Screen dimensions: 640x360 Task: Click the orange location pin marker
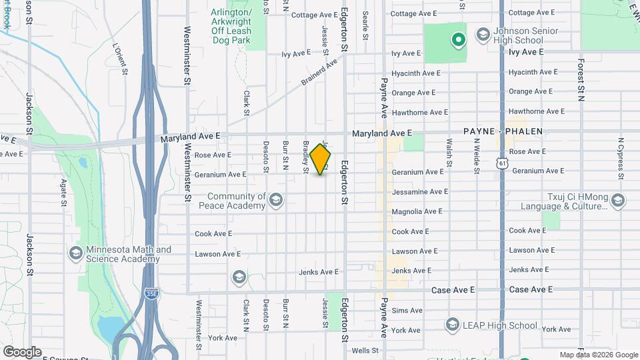click(x=321, y=159)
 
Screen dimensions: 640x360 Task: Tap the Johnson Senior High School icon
click(x=483, y=34)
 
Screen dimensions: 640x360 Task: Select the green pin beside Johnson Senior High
click(x=458, y=41)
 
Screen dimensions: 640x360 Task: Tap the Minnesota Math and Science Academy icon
click(x=75, y=254)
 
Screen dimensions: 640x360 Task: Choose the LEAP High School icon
click(x=452, y=325)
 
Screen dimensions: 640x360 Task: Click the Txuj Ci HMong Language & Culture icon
click(x=617, y=201)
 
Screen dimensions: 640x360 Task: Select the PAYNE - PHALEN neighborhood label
click(x=504, y=132)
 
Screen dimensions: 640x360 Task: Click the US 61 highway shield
click(x=501, y=163)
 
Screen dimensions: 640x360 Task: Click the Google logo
click(x=22, y=351)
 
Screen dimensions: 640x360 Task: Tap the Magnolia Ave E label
click(x=417, y=211)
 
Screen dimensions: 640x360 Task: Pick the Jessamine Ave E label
click(x=420, y=191)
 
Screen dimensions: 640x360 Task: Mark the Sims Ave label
click(x=407, y=311)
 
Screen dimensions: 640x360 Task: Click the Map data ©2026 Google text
click(x=597, y=355)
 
